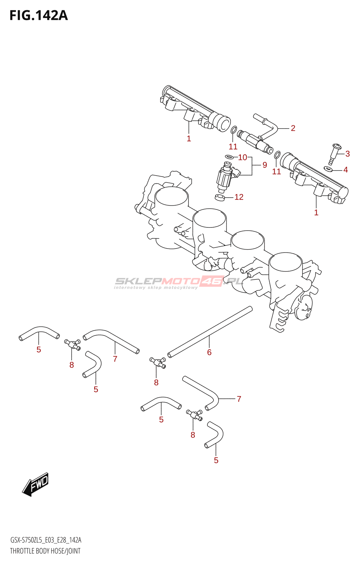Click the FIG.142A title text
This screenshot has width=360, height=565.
[x=38, y=16]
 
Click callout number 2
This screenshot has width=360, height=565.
[x=293, y=128]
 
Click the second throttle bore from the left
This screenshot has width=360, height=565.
[x=210, y=218]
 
